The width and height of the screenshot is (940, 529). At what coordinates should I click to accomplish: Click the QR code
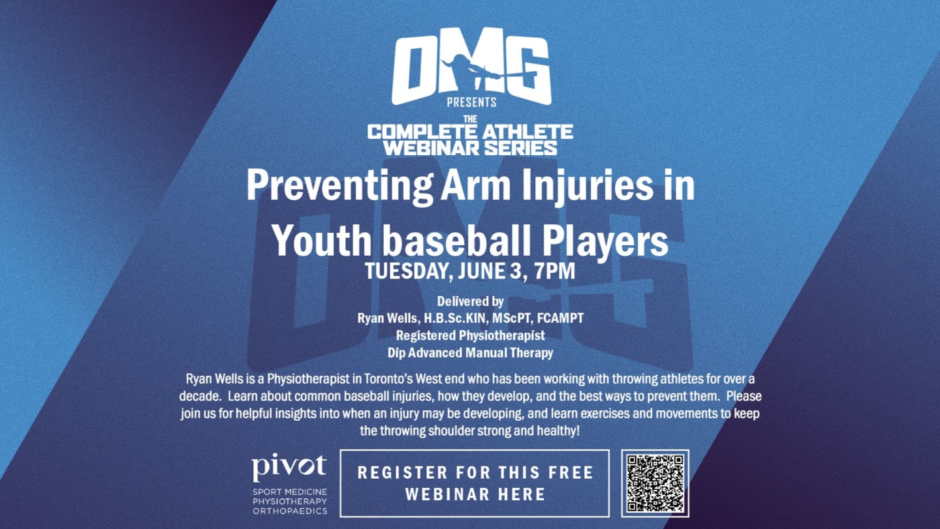point(655,483)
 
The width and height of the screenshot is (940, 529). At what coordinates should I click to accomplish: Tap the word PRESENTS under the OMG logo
point(471,102)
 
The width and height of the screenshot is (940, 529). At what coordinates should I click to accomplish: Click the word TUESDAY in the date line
point(406,271)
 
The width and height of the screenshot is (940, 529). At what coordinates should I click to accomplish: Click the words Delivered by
point(470,301)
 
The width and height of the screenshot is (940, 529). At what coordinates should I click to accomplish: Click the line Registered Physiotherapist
point(470,336)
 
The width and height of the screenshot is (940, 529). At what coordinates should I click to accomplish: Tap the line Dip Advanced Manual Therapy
point(470,353)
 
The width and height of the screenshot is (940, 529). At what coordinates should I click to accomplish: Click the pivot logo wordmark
point(289,466)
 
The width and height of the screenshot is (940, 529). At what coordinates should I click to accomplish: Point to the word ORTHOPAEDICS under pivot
point(290,511)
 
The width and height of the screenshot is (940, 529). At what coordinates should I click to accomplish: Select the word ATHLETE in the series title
point(531,132)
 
